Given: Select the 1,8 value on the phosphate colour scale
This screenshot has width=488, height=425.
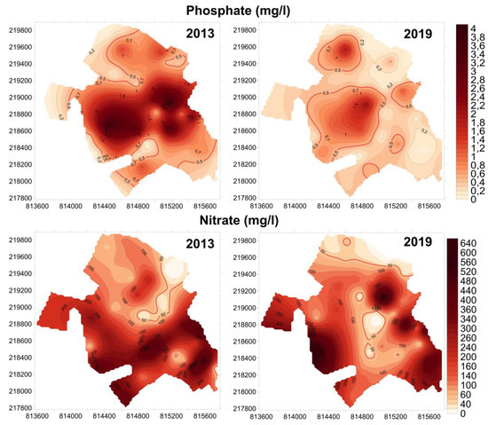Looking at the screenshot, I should [476, 123].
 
